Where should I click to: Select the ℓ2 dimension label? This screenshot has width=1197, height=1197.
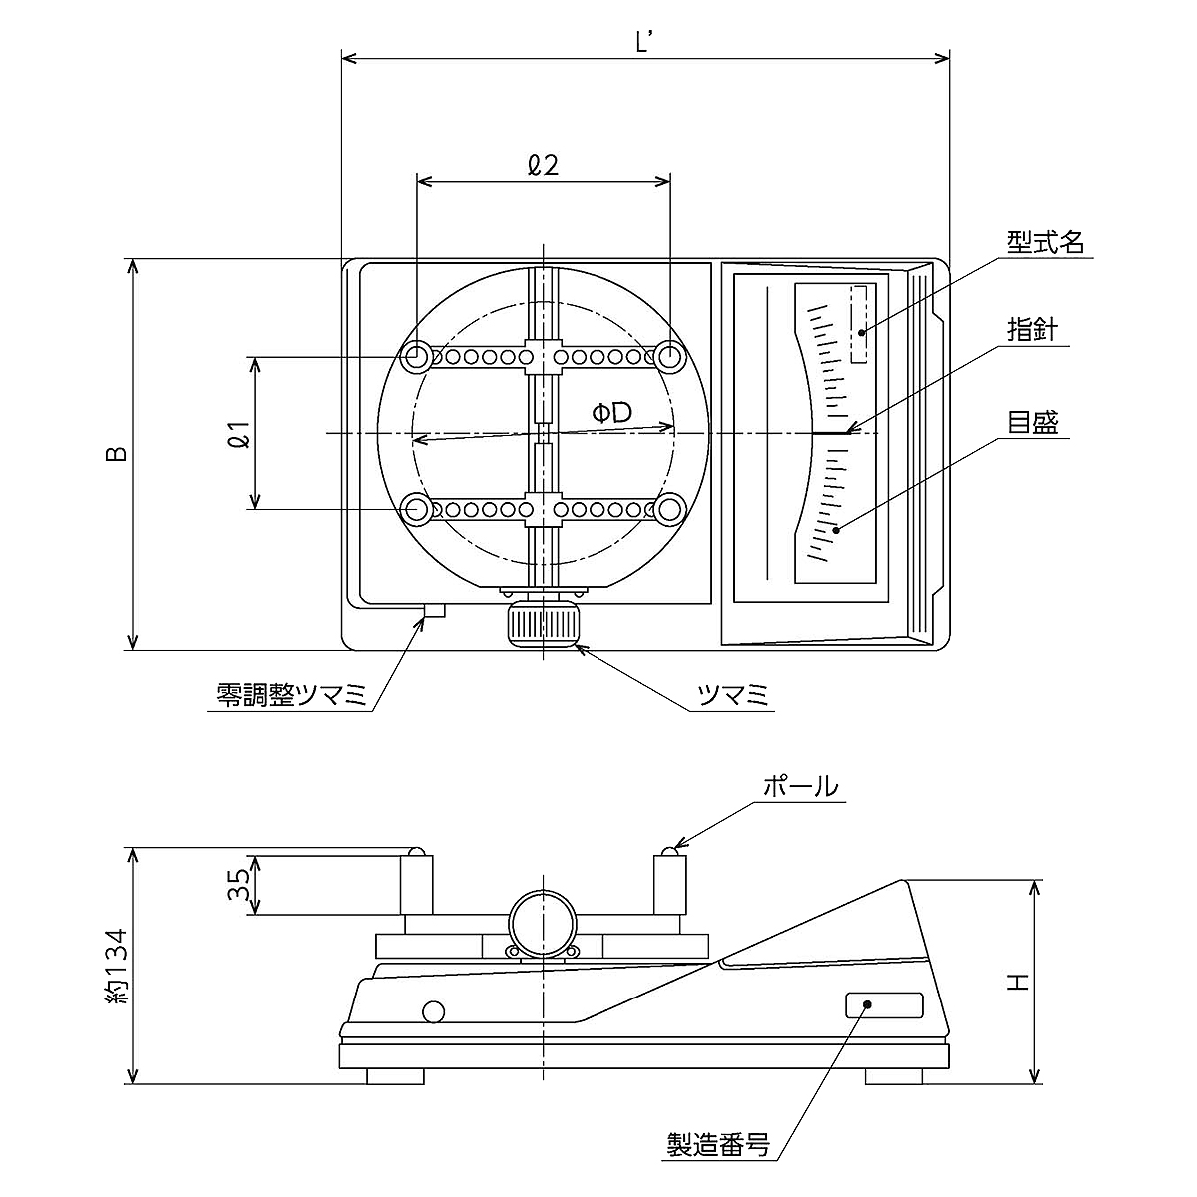point(543,165)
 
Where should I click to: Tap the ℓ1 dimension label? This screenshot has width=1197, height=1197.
point(237,433)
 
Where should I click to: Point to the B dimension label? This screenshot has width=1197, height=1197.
point(117,454)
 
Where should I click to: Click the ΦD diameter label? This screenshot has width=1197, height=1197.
point(611,412)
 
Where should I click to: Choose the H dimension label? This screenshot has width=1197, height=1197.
point(1016,983)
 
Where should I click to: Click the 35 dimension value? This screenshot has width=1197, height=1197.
point(237,884)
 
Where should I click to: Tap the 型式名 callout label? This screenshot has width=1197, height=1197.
point(1044,242)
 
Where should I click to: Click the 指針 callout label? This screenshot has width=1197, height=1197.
point(1031,331)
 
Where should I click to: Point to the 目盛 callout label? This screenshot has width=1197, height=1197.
point(1031,422)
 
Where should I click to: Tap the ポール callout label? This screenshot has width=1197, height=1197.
point(799,786)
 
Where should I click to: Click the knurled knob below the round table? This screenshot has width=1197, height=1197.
point(542,624)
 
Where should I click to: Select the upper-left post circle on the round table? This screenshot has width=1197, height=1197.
point(417,356)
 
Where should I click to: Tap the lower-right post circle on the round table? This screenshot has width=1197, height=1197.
point(669,510)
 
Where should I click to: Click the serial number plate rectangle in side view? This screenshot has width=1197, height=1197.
point(884,1005)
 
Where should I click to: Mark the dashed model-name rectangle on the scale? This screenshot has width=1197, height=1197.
point(858,324)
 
